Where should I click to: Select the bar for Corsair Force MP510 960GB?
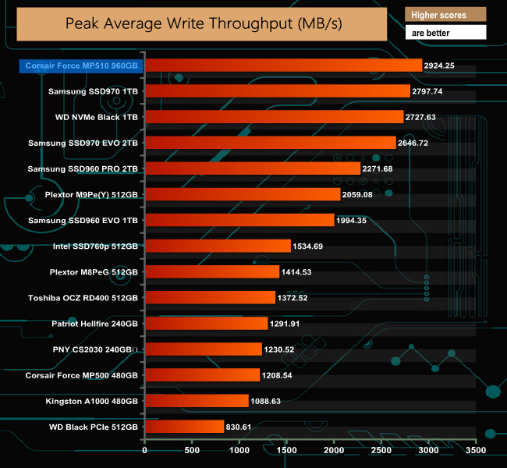click(283, 66)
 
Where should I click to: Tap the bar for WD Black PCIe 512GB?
click(184, 427)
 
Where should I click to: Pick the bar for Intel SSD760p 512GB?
click(218, 246)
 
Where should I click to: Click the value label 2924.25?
click(442, 66)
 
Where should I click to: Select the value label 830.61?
click(243, 427)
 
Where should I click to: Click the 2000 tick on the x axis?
click(334, 450)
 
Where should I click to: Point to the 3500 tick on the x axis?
click(476, 450)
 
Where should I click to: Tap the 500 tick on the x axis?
click(192, 450)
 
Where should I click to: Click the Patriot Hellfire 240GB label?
click(94, 324)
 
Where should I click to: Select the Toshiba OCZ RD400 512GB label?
click(83, 298)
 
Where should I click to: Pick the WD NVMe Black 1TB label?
click(97, 117)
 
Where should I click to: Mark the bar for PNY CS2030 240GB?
click(204, 349)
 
